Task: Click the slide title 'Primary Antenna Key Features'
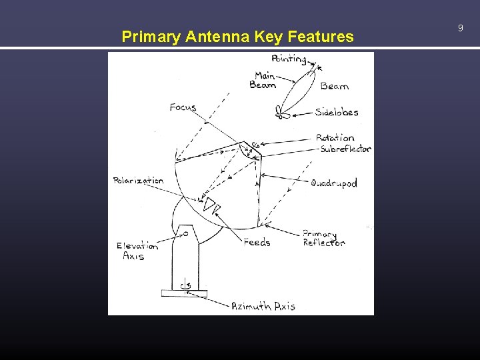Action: click(x=237, y=37)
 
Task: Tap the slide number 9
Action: click(x=460, y=28)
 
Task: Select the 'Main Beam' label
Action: click(x=264, y=80)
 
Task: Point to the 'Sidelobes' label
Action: click(x=337, y=112)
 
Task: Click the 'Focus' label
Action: click(x=183, y=107)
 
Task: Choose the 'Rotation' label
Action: click(x=335, y=138)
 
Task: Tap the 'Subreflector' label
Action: click(x=345, y=149)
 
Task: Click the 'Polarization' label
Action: click(x=138, y=181)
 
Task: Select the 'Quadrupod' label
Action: click(x=333, y=183)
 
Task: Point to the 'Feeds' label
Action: click(x=257, y=243)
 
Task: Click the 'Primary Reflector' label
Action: click(x=323, y=239)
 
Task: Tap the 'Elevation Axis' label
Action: click(x=137, y=251)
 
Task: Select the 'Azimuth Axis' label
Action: click(x=263, y=307)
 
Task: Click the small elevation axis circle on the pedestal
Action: click(x=186, y=233)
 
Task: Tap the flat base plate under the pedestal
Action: click(x=184, y=293)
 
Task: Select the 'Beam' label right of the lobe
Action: click(x=334, y=86)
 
